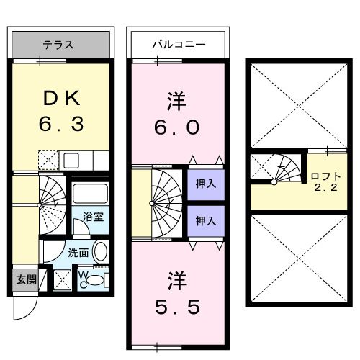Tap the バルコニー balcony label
click(x=178, y=45)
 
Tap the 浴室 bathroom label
click(x=90, y=217)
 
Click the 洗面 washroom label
click(x=78, y=253)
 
